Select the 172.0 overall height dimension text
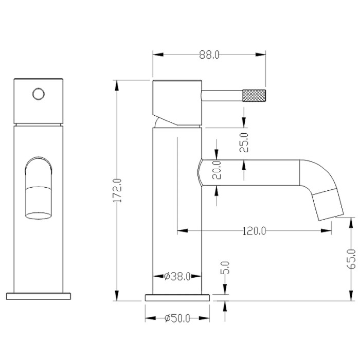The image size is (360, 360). click(x=117, y=190)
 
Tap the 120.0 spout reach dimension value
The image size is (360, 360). click(x=254, y=231)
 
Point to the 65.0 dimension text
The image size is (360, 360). click(x=352, y=259)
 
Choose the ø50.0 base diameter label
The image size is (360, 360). click(x=177, y=319)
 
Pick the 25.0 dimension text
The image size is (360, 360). click(x=244, y=142)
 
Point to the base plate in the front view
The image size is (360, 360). click(x=39, y=296)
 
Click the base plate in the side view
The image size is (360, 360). click(x=178, y=297)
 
